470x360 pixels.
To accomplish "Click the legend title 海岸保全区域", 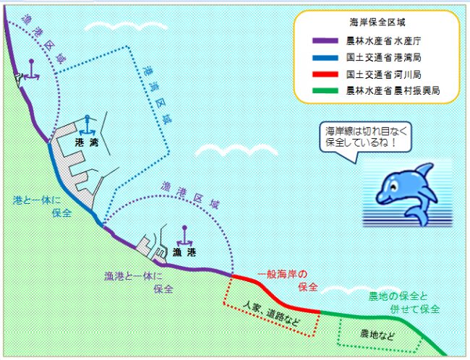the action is click(x=377, y=22).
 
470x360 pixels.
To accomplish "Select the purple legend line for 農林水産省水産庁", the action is click(x=325, y=41).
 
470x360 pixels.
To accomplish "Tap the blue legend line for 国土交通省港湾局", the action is click(x=325, y=58).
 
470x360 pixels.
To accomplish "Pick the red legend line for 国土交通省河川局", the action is click(x=325, y=74).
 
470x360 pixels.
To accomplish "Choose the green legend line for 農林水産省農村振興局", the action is click(x=325, y=90).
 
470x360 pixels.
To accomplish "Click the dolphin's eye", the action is click(x=393, y=187).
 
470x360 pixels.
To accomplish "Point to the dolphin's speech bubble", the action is click(x=365, y=138).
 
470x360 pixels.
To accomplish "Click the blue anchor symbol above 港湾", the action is click(x=87, y=125).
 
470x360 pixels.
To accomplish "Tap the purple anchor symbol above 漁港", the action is click(x=184, y=236).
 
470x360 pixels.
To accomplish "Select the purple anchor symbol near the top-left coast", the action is click(x=32, y=70).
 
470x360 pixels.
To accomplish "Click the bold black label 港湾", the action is click(x=87, y=142).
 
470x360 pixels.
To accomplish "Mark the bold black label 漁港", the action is click(x=184, y=253).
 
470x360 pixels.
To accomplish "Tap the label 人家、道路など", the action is click(x=271, y=313).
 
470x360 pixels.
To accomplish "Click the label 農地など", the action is click(x=377, y=334).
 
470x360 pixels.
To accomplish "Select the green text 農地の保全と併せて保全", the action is click(x=403, y=303).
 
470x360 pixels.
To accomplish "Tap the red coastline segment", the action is click(x=275, y=293).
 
